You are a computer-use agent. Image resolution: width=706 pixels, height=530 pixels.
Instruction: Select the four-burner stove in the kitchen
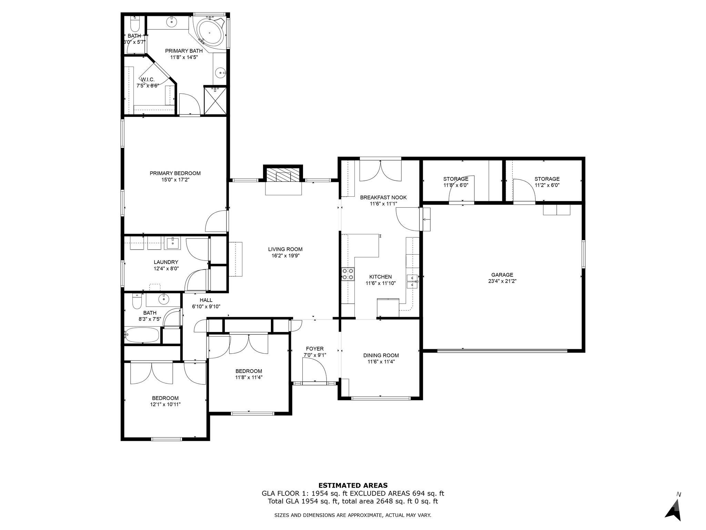[x=348, y=274]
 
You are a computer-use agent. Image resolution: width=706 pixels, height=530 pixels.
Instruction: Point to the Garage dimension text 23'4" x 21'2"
[x=502, y=281]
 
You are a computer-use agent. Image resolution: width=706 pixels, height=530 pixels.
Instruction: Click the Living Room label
[x=285, y=249]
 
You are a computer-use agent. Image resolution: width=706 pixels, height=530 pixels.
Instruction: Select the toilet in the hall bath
[x=137, y=302]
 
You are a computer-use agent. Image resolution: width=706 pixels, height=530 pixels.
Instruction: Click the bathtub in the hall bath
[x=142, y=335]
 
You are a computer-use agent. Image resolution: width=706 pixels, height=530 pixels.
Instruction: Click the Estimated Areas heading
[x=353, y=485]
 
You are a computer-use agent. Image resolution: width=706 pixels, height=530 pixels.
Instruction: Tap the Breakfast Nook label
[x=383, y=197]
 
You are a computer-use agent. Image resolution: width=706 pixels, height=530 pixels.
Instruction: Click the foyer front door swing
[x=314, y=371]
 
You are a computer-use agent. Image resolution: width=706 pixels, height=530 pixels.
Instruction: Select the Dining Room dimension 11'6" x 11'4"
[x=381, y=362]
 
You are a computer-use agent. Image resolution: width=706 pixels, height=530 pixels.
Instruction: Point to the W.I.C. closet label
[x=148, y=80]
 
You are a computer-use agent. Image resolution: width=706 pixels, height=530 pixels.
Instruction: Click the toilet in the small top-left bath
[x=134, y=24]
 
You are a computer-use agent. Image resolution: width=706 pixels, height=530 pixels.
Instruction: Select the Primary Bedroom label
[x=175, y=173]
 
